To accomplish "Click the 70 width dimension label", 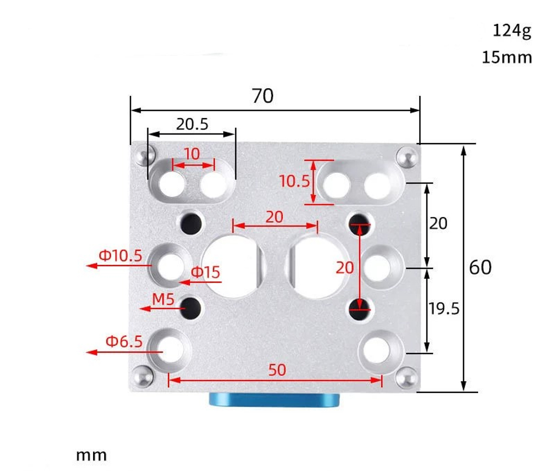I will pyautogui.click(x=263, y=96).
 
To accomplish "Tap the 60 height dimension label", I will pyautogui.click(x=480, y=268).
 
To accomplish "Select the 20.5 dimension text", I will pyautogui.click(x=192, y=124).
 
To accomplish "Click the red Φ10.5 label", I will pyautogui.click(x=120, y=255).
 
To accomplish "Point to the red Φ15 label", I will pyautogui.click(x=206, y=272).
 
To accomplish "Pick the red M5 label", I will pyautogui.click(x=163, y=300).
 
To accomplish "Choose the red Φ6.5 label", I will pyautogui.click(x=124, y=341).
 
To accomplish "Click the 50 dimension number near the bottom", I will pyautogui.click(x=277, y=370).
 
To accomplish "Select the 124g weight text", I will pyautogui.click(x=511, y=31).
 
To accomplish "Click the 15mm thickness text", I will pyautogui.click(x=506, y=57).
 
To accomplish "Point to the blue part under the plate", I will pyautogui.click(x=274, y=401).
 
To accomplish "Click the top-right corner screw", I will pyautogui.click(x=408, y=157).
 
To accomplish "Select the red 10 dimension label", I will pyautogui.click(x=191, y=154).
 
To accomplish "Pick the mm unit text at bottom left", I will pyautogui.click(x=91, y=455).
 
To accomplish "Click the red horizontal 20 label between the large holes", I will pyautogui.click(x=274, y=217).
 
